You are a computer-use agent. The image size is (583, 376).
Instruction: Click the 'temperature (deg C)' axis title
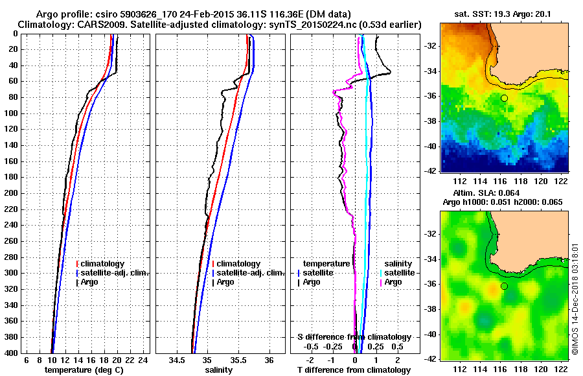[x=84, y=370]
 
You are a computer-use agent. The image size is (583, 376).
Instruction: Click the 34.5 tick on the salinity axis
[x=177, y=360]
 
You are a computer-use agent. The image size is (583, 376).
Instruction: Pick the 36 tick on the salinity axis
[x=269, y=360]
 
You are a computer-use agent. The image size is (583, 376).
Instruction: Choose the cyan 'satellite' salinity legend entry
[x=399, y=273]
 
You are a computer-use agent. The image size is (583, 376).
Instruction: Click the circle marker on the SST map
[x=504, y=98]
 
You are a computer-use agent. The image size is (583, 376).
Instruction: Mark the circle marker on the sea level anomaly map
[x=504, y=286]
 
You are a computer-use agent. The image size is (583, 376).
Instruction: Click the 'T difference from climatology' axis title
[x=354, y=370]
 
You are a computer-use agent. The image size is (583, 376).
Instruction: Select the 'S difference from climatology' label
[x=354, y=337]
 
